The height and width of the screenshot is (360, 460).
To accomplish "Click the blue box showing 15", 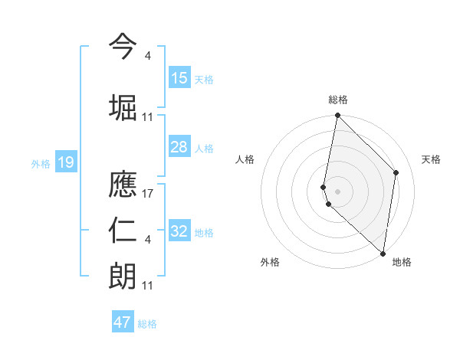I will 179,78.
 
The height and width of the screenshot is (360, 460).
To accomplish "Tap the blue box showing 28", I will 179,147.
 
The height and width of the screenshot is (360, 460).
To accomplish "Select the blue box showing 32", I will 179,231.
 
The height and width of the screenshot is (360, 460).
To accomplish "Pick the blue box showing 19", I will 65,162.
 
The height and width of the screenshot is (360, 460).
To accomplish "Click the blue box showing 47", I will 123,322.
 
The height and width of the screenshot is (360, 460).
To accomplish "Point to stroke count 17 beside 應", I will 149,195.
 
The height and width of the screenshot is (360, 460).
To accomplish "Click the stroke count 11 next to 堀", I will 148,117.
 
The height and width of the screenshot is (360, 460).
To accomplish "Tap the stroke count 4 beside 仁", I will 148,240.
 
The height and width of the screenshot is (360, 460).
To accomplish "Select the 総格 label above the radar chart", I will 337,100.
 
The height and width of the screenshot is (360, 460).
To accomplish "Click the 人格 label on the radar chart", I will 245,159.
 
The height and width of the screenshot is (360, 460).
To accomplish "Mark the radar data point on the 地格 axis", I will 383,254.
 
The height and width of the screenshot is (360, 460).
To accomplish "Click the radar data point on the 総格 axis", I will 337,116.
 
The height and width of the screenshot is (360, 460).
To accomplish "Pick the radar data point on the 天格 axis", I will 396,172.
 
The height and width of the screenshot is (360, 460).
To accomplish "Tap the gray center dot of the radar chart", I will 337,191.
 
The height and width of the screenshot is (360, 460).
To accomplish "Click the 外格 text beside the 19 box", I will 40,163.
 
